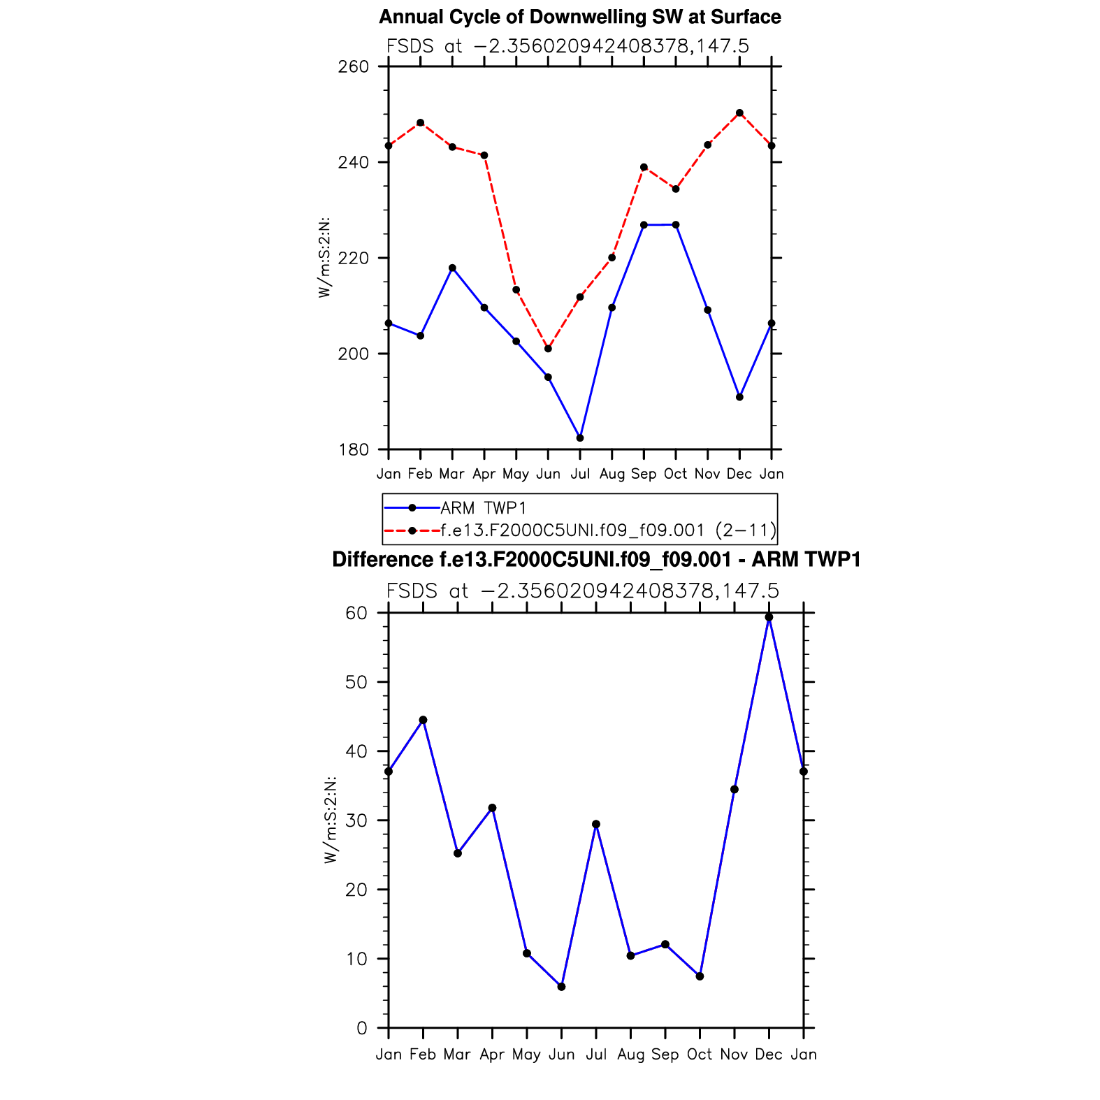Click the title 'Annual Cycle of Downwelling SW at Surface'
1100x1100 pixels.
coord(579,17)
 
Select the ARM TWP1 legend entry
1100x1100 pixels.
coord(483,508)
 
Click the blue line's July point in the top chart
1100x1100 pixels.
coord(580,438)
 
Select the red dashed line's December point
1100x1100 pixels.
coord(739,113)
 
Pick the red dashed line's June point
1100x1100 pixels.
coord(548,349)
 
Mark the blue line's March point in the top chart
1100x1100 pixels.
coord(452,268)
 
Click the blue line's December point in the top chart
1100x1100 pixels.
coord(739,397)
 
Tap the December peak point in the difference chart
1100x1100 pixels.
coord(769,617)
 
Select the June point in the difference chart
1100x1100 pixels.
coord(561,987)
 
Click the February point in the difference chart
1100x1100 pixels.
coord(423,720)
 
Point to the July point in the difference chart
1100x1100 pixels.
coord(596,825)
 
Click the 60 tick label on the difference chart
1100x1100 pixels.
coord(356,613)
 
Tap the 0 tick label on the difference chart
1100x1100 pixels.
coord(361,1028)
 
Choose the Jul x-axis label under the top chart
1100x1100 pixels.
coord(580,474)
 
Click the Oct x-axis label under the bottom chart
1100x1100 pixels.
coord(700,1054)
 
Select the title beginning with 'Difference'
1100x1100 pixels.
coord(596,560)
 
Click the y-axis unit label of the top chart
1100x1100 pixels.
coord(324,258)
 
